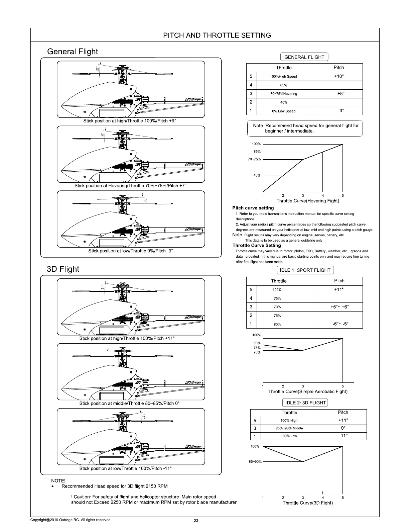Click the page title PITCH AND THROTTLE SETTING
[x=217, y=35]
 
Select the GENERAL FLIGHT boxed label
[x=304, y=57]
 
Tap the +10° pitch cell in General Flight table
[x=338, y=76]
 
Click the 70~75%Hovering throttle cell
[x=283, y=94]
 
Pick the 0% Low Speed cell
[x=283, y=111]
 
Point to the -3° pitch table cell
[x=338, y=111]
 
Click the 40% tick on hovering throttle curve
[x=257, y=175]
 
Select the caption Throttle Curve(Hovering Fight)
[x=308, y=201]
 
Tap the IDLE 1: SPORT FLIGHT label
[x=305, y=270]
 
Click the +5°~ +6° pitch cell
[x=339, y=307]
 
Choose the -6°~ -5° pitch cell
[x=339, y=324]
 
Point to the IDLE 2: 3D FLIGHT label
[x=305, y=403]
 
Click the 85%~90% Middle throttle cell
[x=289, y=428]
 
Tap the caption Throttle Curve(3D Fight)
[x=308, y=503]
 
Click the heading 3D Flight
[x=63, y=269]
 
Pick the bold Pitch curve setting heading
[x=253, y=208]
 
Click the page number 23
[x=196, y=521]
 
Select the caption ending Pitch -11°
[x=126, y=468]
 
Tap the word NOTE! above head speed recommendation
[x=58, y=481]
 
